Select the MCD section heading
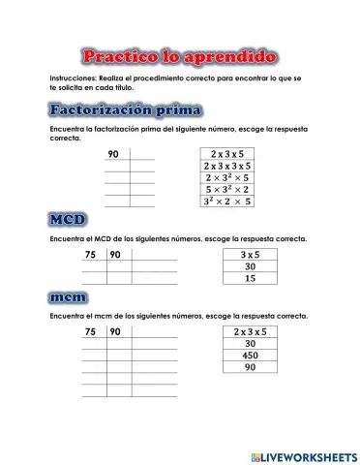pyautogui.click(x=69, y=222)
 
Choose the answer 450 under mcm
pyautogui.click(x=249, y=355)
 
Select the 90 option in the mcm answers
pyautogui.click(x=249, y=367)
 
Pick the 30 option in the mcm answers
pyautogui.click(x=249, y=343)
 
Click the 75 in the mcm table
pyautogui.click(x=91, y=331)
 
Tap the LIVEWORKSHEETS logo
pyautogui.click(x=304, y=454)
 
